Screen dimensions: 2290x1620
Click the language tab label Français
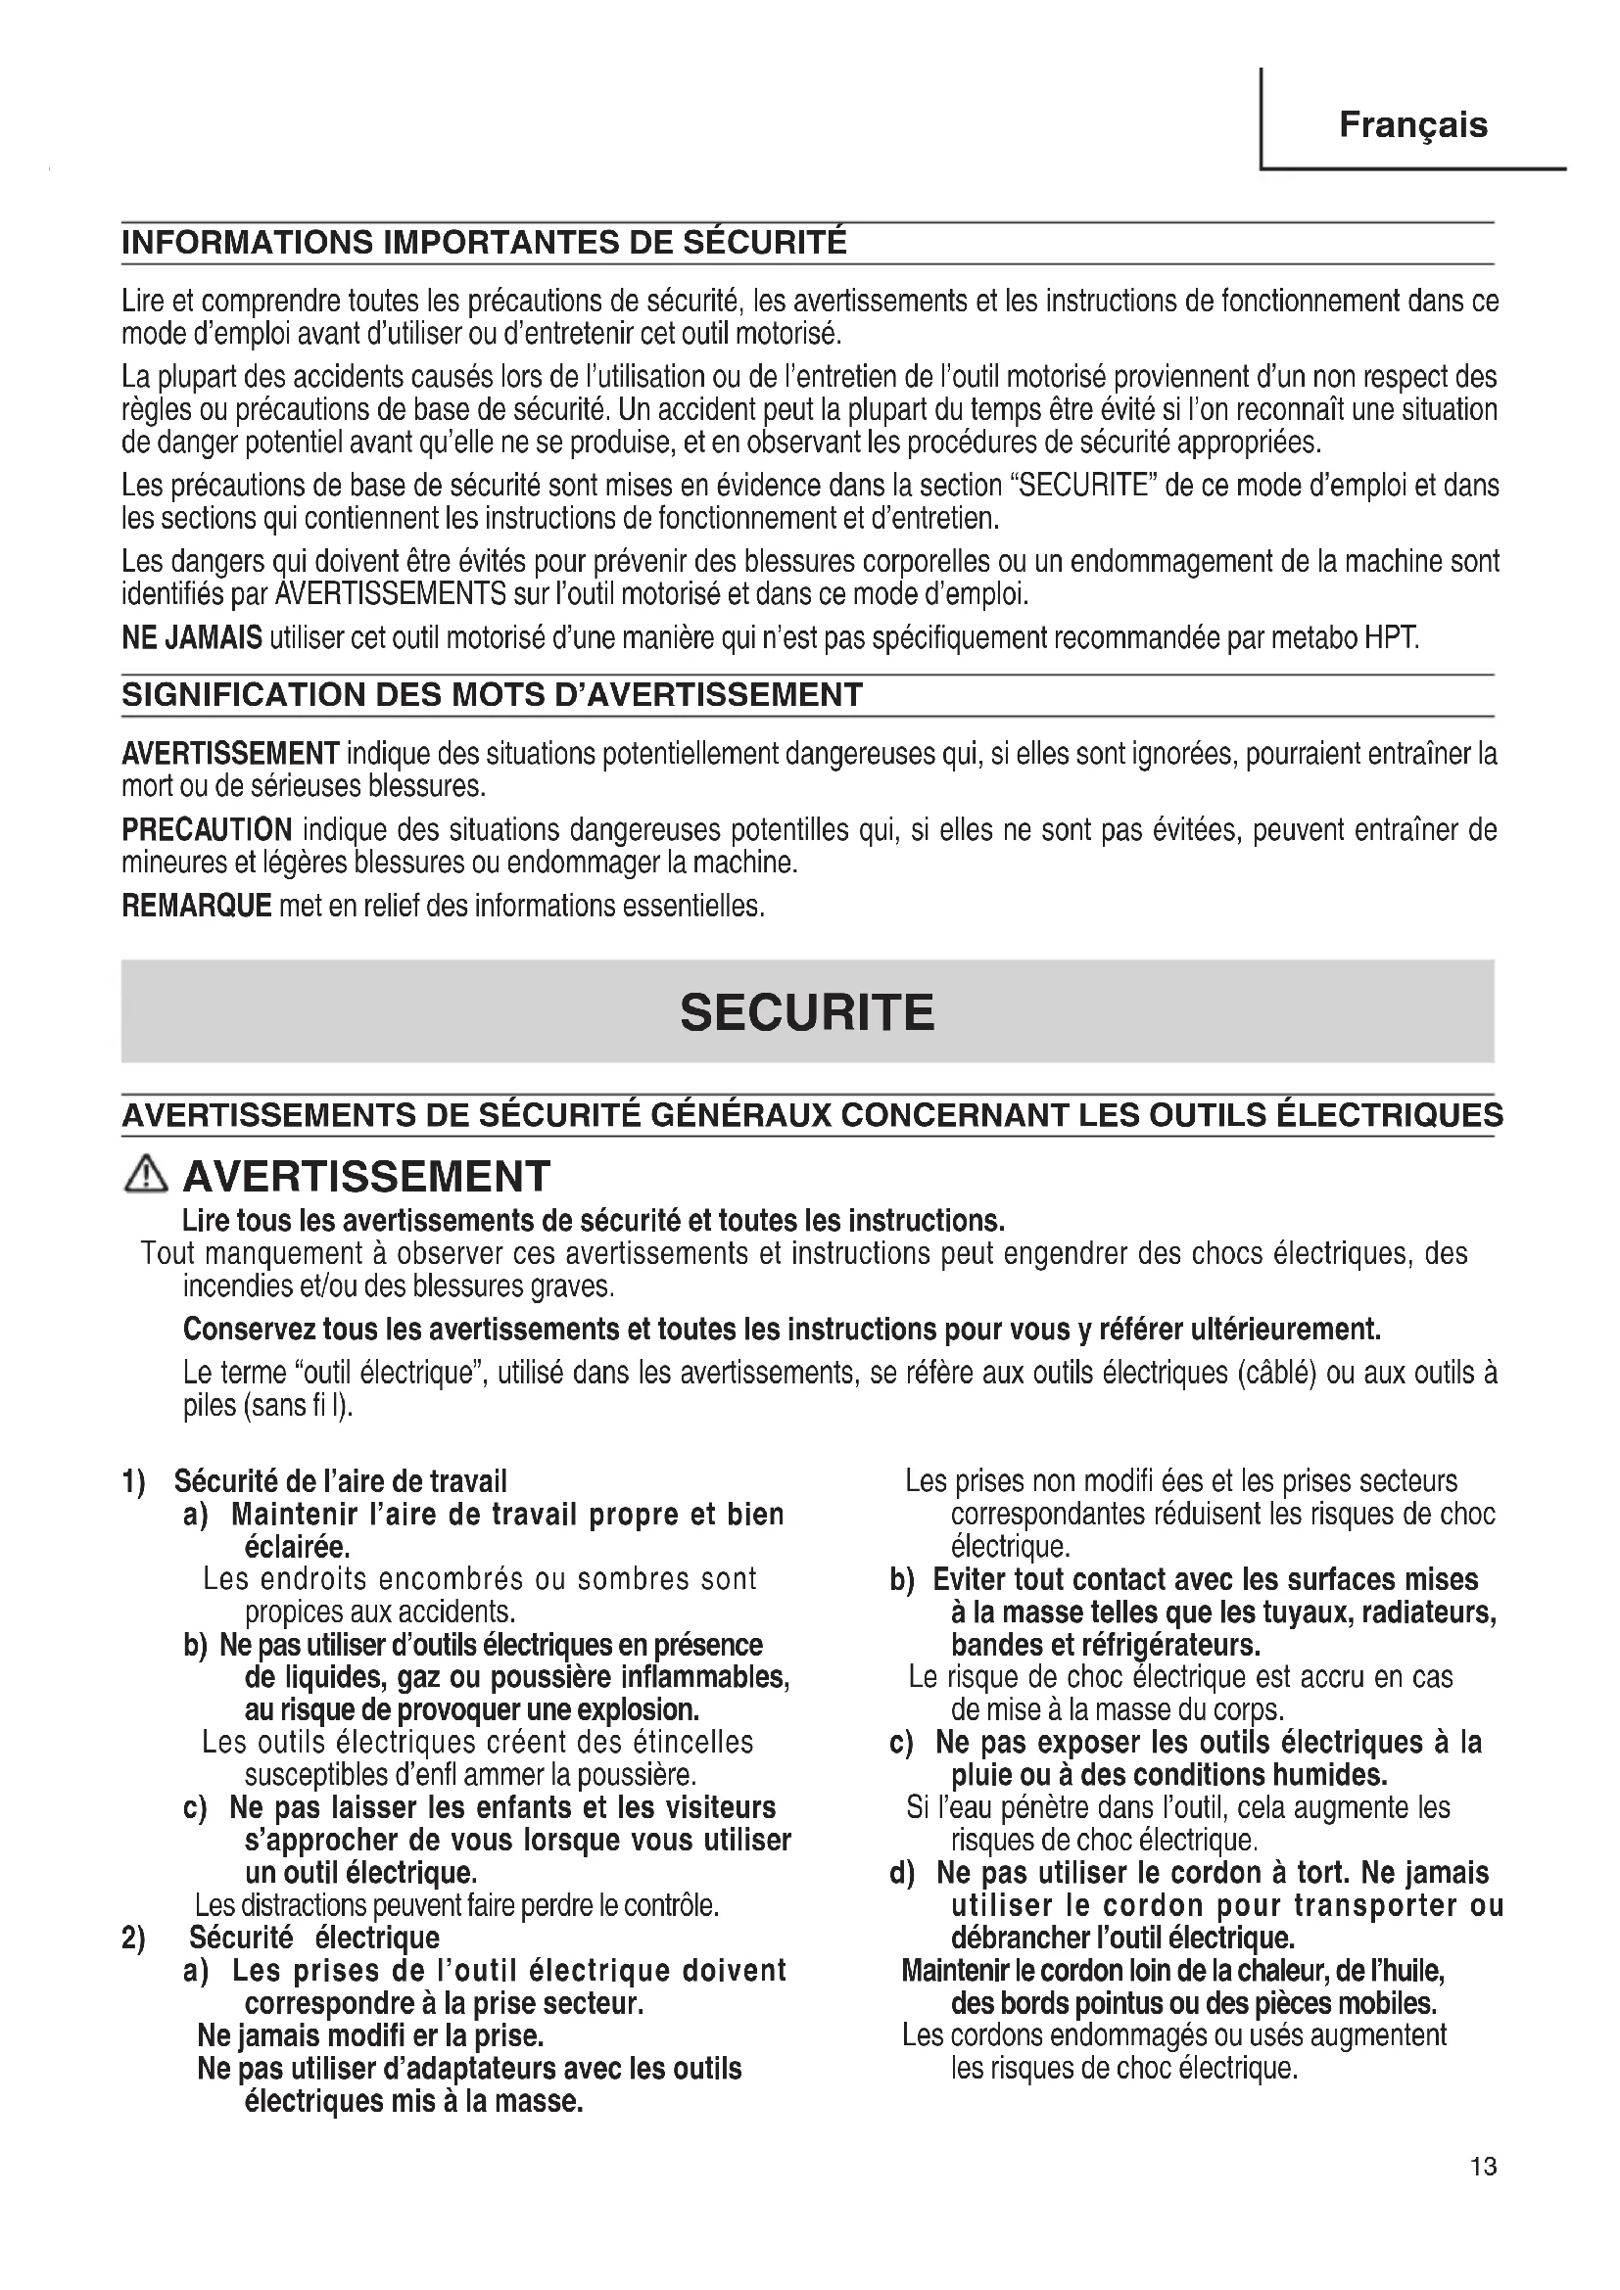tap(1412, 125)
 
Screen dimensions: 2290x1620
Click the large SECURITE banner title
tap(807, 1012)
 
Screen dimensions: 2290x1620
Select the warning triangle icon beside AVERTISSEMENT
tap(146, 1176)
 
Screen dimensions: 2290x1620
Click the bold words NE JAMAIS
tap(192, 637)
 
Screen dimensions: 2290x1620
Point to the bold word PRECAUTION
tap(207, 830)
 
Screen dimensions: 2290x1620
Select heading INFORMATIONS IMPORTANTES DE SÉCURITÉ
tap(484, 243)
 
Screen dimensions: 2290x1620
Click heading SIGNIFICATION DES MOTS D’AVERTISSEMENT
tap(492, 695)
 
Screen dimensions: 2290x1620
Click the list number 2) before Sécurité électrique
tap(133, 1938)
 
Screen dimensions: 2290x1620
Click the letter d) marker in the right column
tap(902, 1873)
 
